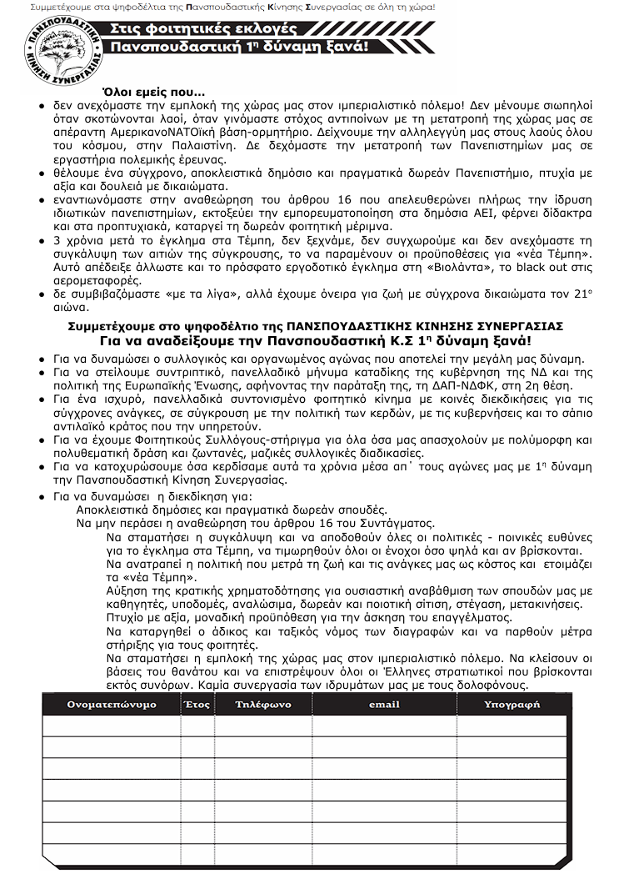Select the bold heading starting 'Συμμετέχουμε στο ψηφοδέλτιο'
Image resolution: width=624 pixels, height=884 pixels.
coord(316,325)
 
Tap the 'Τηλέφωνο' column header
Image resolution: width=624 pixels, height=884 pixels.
coord(262,705)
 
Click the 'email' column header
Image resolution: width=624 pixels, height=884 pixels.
coord(384,705)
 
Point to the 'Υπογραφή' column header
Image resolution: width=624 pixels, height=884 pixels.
coord(512,705)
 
